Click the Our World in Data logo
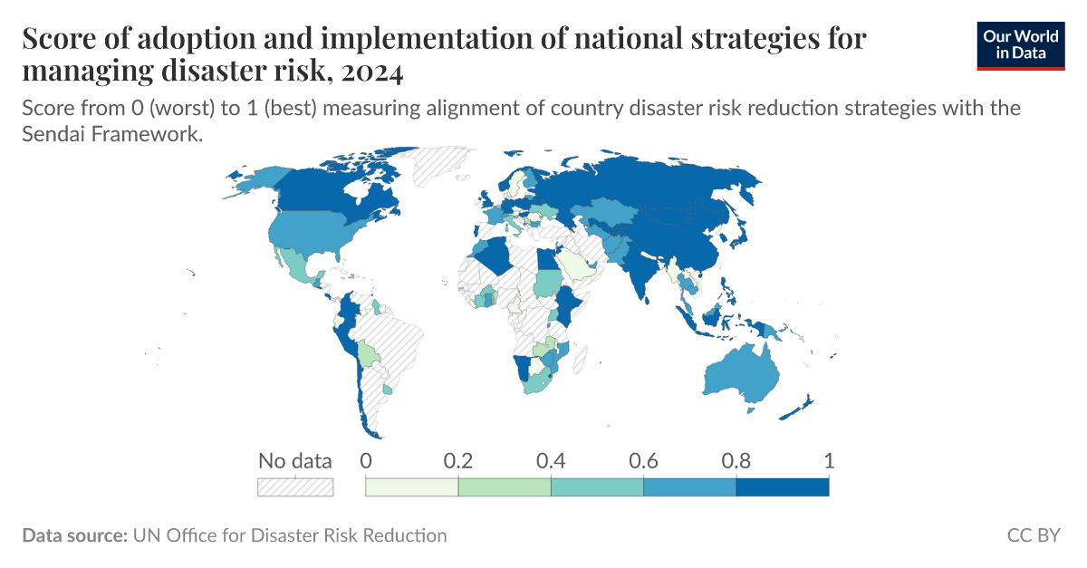(x=1020, y=44)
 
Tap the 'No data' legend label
(x=295, y=460)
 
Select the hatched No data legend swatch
(x=295, y=487)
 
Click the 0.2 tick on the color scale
(x=458, y=460)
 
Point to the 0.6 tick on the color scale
(x=643, y=460)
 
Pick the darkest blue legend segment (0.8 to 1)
(x=782, y=487)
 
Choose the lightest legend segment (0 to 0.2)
(x=411, y=487)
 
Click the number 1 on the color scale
(x=829, y=460)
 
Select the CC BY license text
(x=1034, y=535)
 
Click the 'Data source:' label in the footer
(x=74, y=535)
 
